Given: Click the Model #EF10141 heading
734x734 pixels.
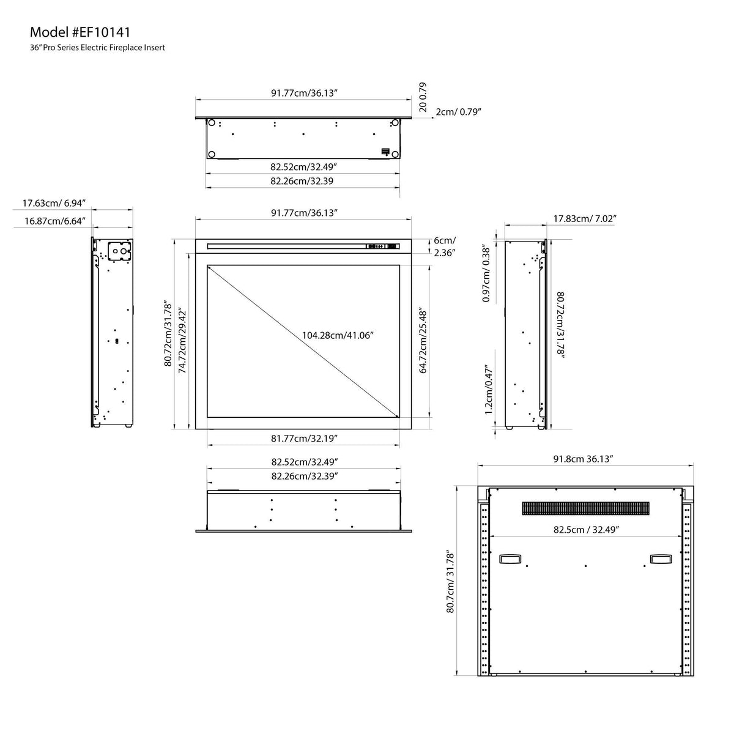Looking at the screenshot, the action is click(x=80, y=32).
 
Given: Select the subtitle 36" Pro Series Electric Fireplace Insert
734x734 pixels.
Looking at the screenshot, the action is click(x=97, y=48).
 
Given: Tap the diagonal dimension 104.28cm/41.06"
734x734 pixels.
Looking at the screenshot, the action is click(x=338, y=335).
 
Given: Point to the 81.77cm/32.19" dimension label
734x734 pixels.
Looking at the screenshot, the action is click(x=304, y=439).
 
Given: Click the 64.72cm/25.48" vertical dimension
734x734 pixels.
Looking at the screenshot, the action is click(x=423, y=340).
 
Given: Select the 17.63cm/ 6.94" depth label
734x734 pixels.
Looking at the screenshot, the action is click(x=54, y=203).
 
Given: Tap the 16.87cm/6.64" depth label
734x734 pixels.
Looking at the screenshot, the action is click(x=55, y=221).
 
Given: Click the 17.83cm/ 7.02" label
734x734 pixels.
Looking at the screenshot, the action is click(x=585, y=218).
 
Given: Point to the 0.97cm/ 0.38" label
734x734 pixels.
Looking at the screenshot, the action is click(x=486, y=273).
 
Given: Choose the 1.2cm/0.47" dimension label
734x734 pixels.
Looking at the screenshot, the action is click(x=489, y=391).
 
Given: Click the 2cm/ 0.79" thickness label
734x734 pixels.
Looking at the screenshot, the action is click(x=459, y=112).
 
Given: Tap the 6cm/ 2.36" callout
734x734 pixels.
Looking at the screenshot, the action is click(x=445, y=247).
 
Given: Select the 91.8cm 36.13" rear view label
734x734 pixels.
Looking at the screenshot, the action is click(x=583, y=459).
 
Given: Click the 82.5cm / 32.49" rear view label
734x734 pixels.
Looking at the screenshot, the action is click(x=586, y=530).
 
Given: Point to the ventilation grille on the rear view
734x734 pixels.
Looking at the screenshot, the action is click(x=585, y=508).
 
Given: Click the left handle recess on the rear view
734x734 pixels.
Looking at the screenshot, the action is click(x=510, y=559).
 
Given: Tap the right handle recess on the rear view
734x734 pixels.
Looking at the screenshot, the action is click(x=661, y=559).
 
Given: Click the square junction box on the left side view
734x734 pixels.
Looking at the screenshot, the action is click(x=120, y=251).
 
